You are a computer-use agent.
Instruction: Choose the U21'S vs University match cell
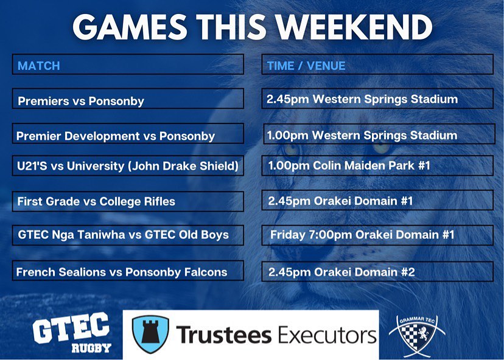point(128,165)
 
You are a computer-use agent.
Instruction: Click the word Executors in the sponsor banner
point(324,334)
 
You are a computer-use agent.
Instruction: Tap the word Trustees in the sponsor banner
point(223,334)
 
